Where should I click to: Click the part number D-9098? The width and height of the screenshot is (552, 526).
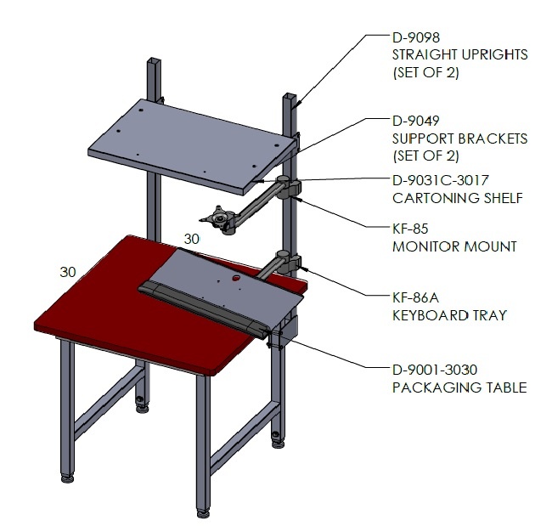[416, 37]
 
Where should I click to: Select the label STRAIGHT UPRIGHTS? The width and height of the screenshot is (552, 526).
[460, 54]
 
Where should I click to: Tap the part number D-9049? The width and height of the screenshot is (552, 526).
[416, 121]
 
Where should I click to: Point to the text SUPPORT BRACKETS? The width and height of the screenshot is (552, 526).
[460, 139]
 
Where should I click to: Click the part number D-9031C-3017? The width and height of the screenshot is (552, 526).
[441, 180]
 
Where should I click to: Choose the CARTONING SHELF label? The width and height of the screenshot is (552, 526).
[458, 198]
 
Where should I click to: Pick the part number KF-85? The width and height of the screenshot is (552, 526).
[410, 229]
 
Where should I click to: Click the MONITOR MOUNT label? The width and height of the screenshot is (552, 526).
[454, 246]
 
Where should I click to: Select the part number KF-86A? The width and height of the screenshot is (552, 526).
[416, 298]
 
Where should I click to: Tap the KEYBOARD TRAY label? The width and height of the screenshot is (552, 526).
[449, 315]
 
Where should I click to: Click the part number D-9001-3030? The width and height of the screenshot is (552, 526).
[435, 370]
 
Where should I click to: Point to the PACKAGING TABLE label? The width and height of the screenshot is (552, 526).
[459, 387]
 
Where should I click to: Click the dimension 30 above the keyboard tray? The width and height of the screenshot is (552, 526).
[192, 240]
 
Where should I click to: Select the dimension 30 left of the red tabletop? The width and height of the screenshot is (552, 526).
[68, 272]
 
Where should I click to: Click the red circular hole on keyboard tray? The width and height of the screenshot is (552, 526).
[235, 278]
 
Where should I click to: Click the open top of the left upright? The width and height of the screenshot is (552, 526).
[154, 60]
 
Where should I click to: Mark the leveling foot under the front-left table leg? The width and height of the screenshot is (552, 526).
[68, 478]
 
